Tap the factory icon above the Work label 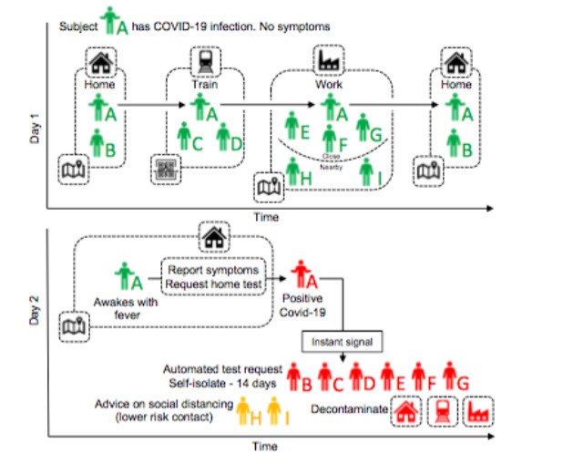tap(328, 61)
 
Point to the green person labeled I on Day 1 tap(366, 170)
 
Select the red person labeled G tap(451, 375)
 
